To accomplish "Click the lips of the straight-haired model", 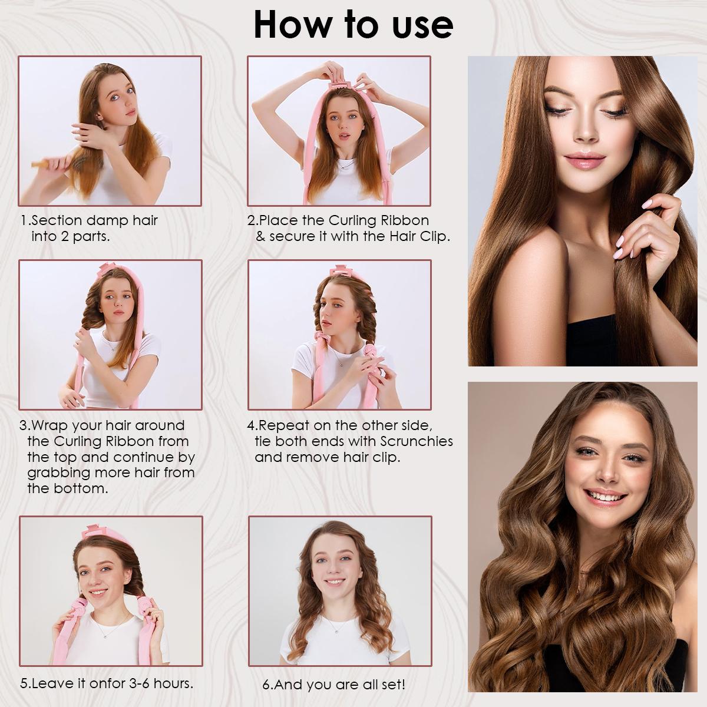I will coord(581,161).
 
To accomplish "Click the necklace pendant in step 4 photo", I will coord(341,364).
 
